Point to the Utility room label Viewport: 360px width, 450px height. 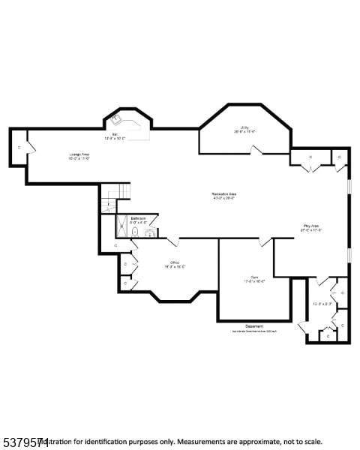245,128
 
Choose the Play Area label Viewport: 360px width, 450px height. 311,226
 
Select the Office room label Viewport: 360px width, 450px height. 174,262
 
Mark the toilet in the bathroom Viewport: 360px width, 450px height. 135,232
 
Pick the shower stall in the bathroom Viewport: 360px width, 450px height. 121,226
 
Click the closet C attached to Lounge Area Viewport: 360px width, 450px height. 19,148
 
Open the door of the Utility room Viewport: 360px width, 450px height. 257,151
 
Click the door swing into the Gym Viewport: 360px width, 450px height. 265,241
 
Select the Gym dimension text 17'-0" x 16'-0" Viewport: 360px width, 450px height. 254,282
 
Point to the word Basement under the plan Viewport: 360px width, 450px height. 254,325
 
